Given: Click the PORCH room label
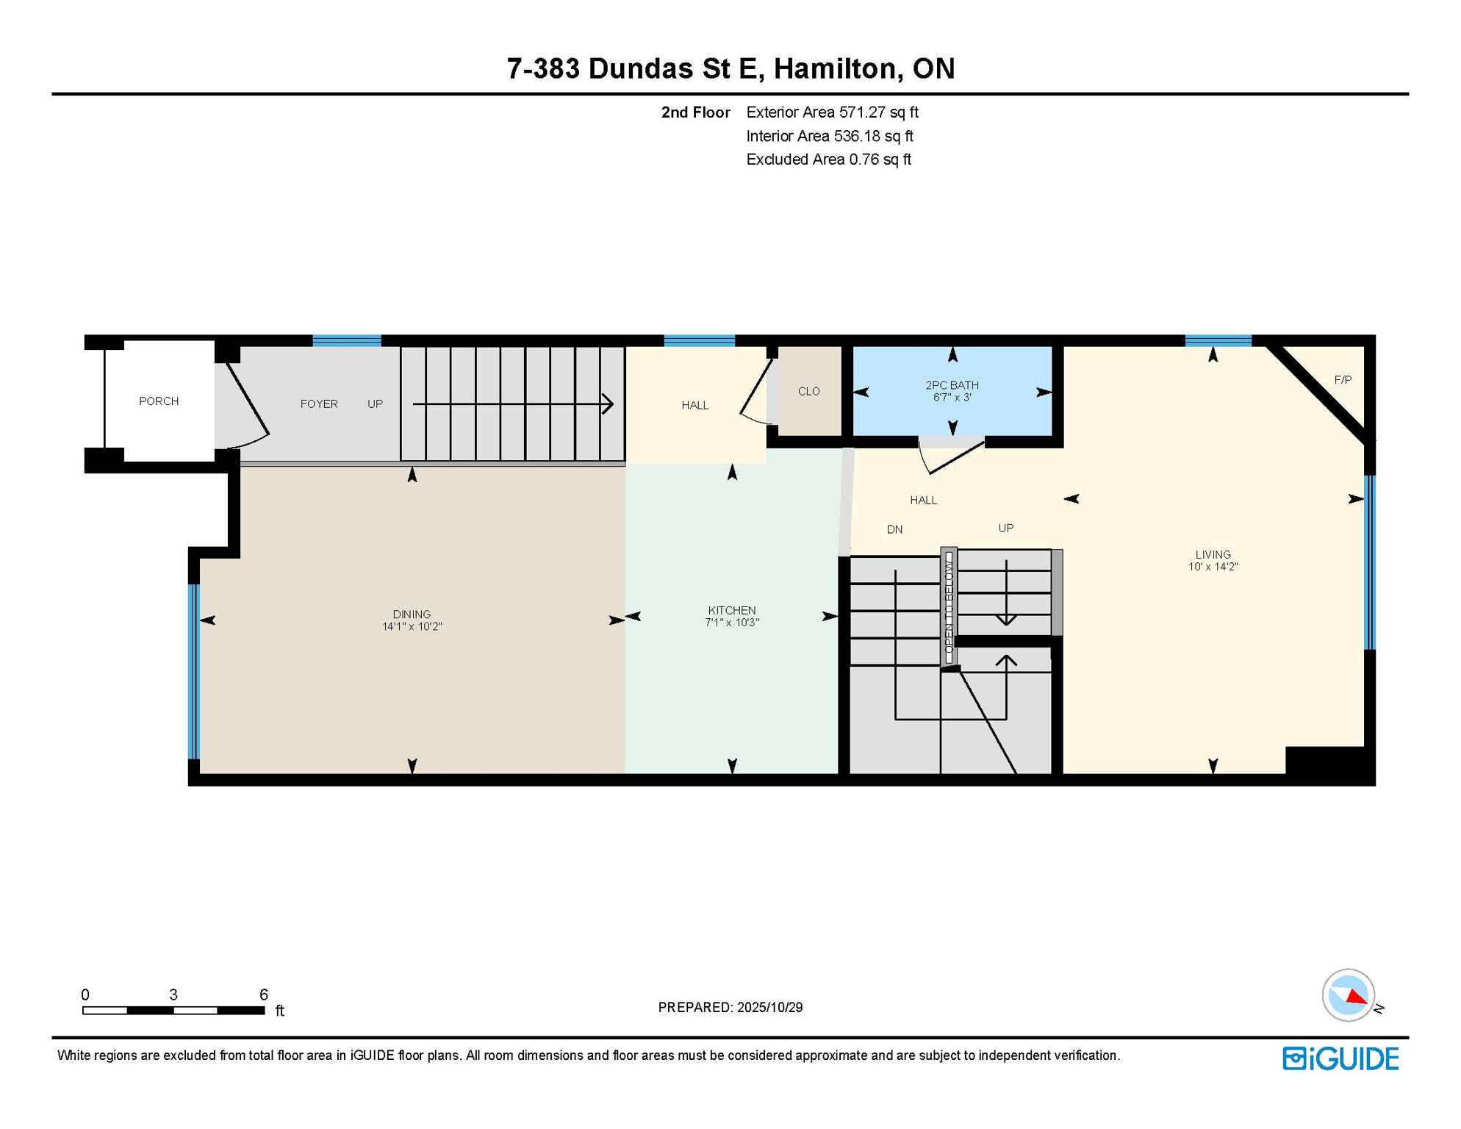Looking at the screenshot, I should point(159,401).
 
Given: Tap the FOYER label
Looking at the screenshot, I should point(319,404).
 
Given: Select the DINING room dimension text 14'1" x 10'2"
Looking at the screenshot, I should point(412,627).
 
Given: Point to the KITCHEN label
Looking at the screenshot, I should point(731,610).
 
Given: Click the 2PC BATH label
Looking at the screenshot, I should point(952,385).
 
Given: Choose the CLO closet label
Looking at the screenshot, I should point(808,392).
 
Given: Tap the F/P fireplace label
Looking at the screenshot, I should point(1343,380).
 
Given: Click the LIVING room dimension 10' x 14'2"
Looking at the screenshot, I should point(1213,567).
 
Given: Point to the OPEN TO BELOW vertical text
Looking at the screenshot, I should point(949,607).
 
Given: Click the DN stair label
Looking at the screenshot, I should point(894,529).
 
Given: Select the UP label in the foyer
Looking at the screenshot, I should point(375,404).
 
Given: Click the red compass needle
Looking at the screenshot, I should point(1357,997).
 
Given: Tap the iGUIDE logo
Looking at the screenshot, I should point(1340,1059).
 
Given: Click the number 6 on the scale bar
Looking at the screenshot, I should point(264,994).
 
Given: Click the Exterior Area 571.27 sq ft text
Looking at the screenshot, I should point(832,112).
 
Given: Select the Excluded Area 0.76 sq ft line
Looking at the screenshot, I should point(828,160).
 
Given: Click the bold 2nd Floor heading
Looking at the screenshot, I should point(695,112).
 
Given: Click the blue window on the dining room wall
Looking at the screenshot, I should point(194,671).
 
